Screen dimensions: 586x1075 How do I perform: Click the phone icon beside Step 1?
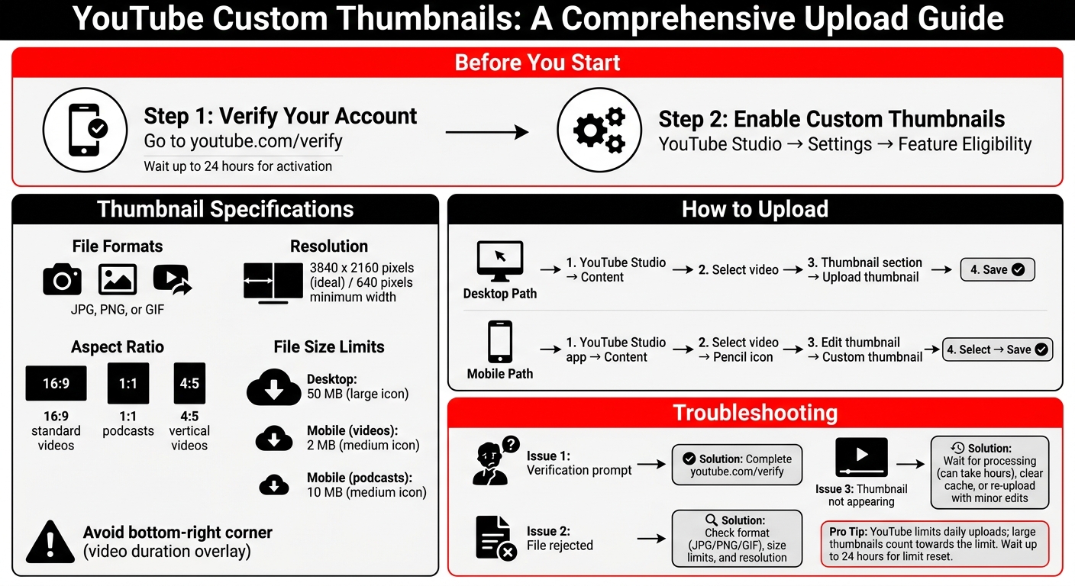point(86,128)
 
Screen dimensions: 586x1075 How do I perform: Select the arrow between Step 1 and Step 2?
point(487,133)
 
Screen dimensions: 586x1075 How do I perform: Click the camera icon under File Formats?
point(62,279)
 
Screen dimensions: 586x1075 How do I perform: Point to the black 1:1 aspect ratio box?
point(128,383)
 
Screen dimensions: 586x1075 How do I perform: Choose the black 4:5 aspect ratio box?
point(189,383)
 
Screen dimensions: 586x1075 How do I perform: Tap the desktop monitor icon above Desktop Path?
point(499,262)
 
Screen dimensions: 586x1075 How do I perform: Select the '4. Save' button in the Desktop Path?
point(997,269)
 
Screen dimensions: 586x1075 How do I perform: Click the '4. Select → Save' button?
point(997,349)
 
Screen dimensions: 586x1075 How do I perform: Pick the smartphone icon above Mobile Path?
point(499,342)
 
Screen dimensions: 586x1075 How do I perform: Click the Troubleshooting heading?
point(754,413)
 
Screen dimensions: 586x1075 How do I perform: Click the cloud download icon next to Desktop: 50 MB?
point(273,388)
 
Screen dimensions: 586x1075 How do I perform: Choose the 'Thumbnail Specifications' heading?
point(225,209)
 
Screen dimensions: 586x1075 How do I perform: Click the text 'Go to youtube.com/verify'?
point(243,141)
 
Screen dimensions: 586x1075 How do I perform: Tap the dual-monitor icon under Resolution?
point(273,283)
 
